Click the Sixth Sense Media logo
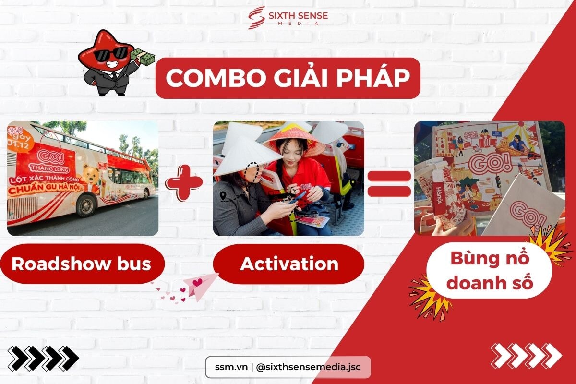click(x=288, y=18)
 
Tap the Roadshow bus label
click(x=82, y=264)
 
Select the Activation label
click(x=289, y=264)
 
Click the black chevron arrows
click(x=43, y=358)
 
